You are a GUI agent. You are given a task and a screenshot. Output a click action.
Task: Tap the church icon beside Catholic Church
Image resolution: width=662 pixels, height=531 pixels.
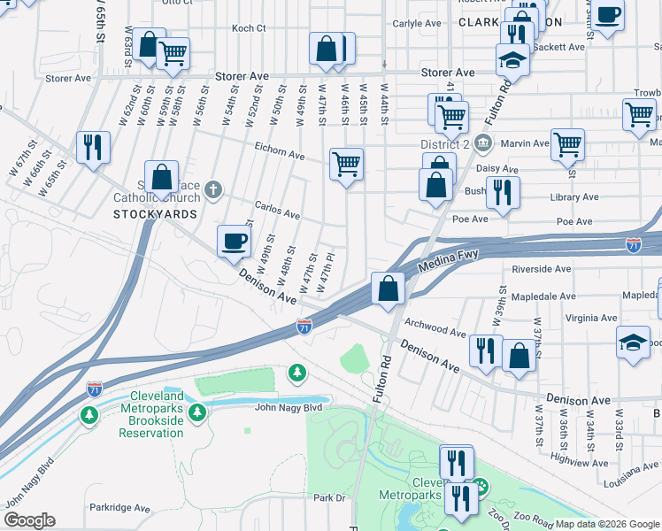pyautogui.click(x=213, y=189)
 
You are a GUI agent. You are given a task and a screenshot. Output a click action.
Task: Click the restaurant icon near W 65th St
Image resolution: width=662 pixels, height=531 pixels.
pyautogui.click(x=93, y=148)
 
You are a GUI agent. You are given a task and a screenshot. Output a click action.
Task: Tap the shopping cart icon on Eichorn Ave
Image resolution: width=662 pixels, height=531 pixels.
pyautogui.click(x=346, y=164)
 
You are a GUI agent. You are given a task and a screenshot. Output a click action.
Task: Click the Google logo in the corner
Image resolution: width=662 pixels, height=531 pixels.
pyautogui.click(x=29, y=520)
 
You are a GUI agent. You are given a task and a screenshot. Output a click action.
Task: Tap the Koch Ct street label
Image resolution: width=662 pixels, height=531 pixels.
pyautogui.click(x=248, y=28)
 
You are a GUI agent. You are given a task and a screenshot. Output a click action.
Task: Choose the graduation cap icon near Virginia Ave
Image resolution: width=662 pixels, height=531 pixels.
pyautogui.click(x=633, y=343)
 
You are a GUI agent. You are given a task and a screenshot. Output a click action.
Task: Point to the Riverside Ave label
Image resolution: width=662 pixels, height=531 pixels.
pyautogui.click(x=541, y=269)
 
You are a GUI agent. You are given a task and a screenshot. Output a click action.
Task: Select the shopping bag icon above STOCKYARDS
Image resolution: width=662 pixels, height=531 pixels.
pyautogui.click(x=162, y=177)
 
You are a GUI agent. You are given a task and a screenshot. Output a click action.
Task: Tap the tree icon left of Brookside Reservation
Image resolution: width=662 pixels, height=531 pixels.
pyautogui.click(x=89, y=414)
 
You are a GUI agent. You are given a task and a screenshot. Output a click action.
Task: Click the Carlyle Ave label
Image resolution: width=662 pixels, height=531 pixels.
pyautogui.click(x=417, y=24)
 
